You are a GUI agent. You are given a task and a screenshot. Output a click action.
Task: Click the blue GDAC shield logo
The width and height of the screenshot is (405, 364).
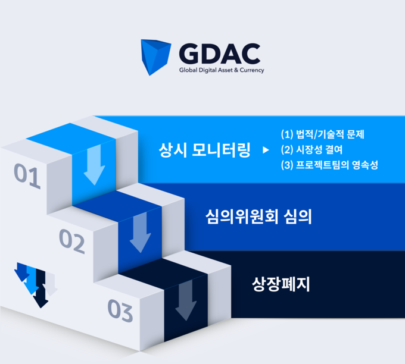click(x=155, y=57)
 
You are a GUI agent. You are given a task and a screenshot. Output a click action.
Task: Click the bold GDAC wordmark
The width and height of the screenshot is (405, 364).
click(x=220, y=54)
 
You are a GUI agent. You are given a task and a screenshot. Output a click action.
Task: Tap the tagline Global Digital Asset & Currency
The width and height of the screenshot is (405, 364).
click(x=222, y=70)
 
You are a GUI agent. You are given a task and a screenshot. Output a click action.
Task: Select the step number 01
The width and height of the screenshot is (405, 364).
click(x=27, y=176)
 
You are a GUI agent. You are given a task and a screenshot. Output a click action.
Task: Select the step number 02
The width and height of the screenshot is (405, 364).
click(x=72, y=241)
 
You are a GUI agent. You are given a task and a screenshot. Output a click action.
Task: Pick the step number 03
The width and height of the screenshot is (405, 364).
click(x=120, y=310)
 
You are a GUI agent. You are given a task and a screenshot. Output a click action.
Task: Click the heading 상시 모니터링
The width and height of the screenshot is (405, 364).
click(x=204, y=150)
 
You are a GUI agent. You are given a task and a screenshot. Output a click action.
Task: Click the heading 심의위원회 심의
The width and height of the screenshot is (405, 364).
click(x=258, y=216)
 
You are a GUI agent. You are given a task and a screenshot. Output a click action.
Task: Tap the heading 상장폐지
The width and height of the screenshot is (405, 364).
click(x=281, y=284)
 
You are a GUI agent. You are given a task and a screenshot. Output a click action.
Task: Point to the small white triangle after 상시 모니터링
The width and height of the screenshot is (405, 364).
click(x=266, y=150)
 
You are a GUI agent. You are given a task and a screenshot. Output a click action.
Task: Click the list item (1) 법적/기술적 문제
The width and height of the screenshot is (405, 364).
click(x=323, y=134)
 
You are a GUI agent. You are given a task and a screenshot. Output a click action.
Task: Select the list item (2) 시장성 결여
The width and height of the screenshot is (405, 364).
click(x=311, y=149)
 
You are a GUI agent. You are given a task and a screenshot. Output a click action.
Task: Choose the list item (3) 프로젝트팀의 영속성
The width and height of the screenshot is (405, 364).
click(x=329, y=165)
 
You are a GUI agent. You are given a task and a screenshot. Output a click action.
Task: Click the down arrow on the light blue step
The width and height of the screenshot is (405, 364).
click(x=95, y=165)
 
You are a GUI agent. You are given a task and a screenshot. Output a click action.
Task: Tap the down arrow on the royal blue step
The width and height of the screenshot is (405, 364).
click(x=141, y=232)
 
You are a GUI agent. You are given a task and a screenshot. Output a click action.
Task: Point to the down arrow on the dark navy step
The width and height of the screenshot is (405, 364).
click(x=186, y=300)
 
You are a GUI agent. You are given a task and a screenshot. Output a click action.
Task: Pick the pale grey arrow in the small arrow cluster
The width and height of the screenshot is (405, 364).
click(x=51, y=284)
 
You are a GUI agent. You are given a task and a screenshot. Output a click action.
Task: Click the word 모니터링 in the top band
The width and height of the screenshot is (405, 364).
click(x=221, y=150)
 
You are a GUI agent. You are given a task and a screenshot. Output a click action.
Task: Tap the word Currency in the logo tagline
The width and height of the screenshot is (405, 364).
click(x=252, y=70)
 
